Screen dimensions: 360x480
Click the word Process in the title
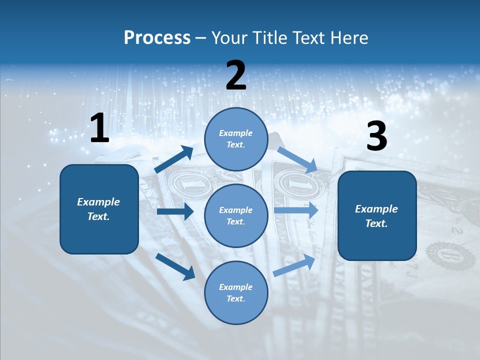[x=157, y=38]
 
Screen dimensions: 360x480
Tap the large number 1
[x=99, y=128]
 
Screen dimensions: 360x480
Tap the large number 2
[x=236, y=75]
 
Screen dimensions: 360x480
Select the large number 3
[x=376, y=137]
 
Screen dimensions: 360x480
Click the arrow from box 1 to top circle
[x=174, y=159]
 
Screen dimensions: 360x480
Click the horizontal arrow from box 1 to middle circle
[x=175, y=211]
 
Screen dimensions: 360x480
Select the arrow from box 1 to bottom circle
[x=175, y=266]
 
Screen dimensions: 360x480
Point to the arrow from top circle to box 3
[x=297, y=159]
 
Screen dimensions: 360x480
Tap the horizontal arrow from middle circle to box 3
[x=296, y=210]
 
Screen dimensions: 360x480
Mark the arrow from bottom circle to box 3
[x=294, y=265]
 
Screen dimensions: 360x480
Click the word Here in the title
[x=350, y=38]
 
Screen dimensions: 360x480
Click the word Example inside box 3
[x=376, y=209]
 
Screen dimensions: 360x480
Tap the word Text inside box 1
[x=98, y=217]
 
